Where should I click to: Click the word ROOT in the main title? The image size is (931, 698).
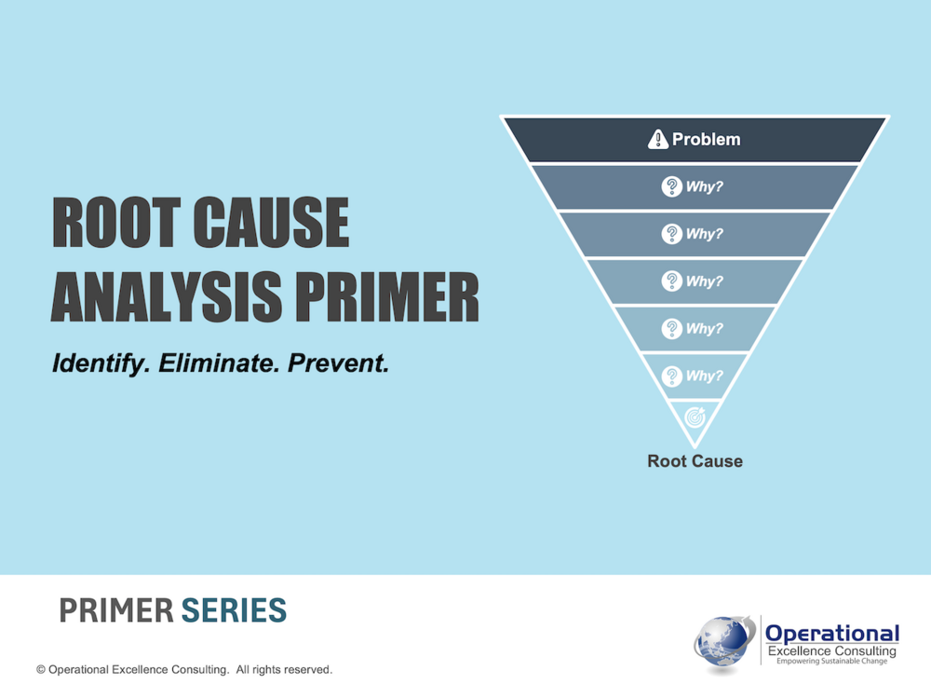pyautogui.click(x=116, y=223)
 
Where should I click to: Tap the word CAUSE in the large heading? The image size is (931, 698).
pyautogui.click(x=272, y=223)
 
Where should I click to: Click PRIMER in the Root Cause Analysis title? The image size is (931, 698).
pyautogui.click(x=387, y=296)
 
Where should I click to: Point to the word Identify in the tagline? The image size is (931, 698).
pyautogui.click(x=101, y=363)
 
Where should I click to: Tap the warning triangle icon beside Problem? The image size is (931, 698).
pyautogui.click(x=658, y=139)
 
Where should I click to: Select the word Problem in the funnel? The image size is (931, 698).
pyautogui.click(x=706, y=139)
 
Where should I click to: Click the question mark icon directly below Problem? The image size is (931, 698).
pyautogui.click(x=671, y=186)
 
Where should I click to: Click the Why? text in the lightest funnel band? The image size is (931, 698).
pyautogui.click(x=704, y=376)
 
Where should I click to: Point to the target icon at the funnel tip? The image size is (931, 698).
pyautogui.click(x=695, y=417)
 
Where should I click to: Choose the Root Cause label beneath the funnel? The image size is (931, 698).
pyautogui.click(x=695, y=460)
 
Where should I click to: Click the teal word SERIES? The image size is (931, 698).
pyautogui.click(x=234, y=610)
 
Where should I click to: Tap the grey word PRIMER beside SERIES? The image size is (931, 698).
pyautogui.click(x=116, y=610)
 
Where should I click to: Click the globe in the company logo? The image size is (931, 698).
pyautogui.click(x=722, y=643)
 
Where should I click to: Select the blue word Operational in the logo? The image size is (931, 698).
pyautogui.click(x=832, y=634)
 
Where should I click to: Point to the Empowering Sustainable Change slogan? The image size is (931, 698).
pyautogui.click(x=831, y=661)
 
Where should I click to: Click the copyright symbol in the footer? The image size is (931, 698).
pyautogui.click(x=41, y=670)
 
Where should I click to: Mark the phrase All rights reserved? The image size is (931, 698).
pyautogui.click(x=284, y=670)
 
